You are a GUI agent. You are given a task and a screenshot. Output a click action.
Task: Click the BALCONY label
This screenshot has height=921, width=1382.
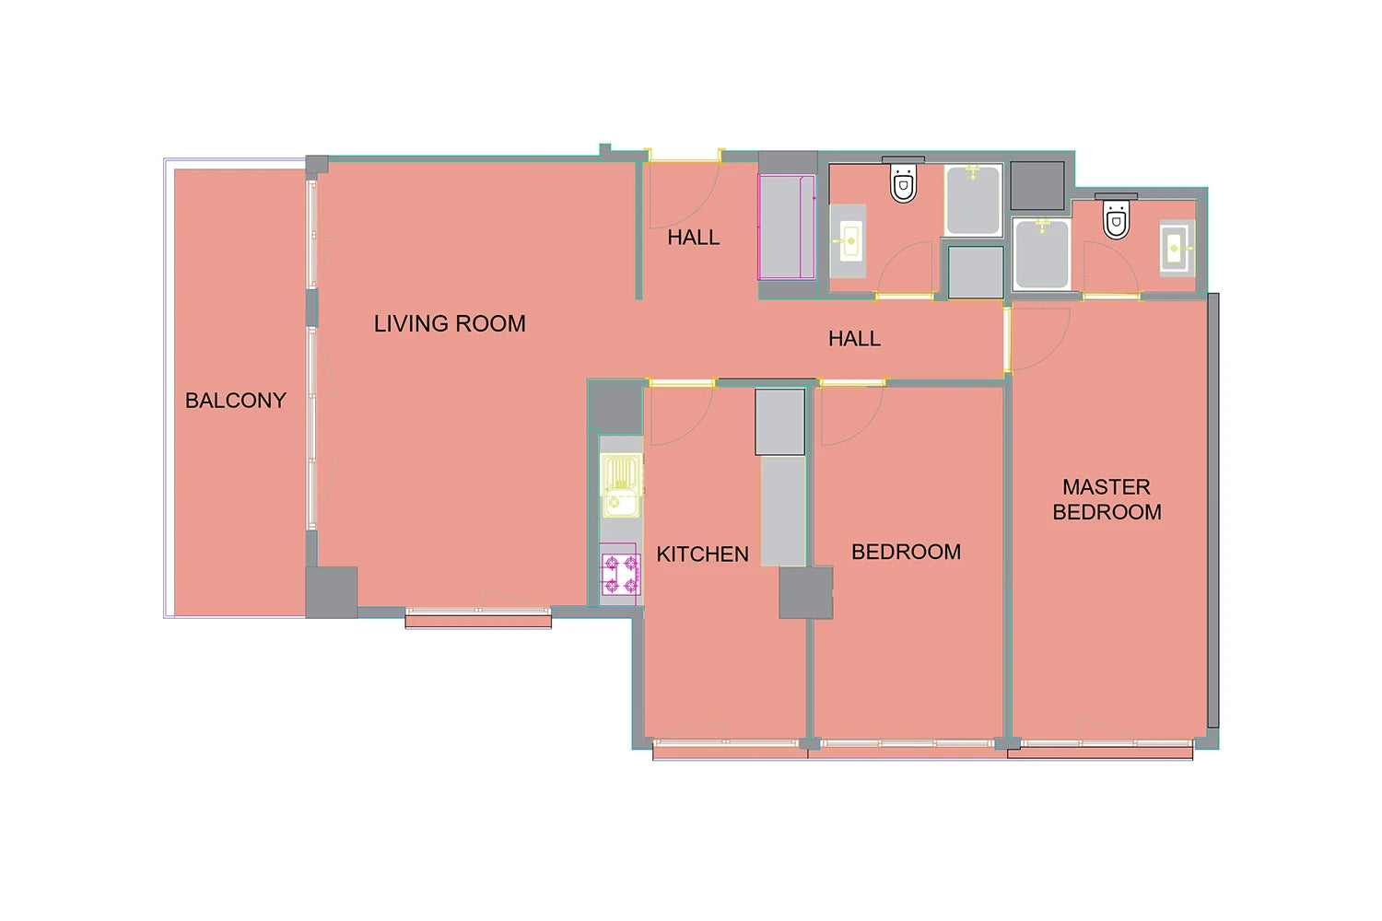(236, 401)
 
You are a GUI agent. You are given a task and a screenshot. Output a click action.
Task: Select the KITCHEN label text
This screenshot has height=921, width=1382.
(702, 554)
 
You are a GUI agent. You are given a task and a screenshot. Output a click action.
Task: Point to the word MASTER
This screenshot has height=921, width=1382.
(1107, 487)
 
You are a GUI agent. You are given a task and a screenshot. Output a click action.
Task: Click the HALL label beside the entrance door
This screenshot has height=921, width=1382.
(694, 238)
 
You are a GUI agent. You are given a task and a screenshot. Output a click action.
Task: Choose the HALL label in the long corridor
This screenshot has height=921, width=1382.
(854, 339)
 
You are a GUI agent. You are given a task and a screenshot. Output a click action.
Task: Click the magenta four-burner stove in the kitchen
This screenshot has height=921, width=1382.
(621, 574)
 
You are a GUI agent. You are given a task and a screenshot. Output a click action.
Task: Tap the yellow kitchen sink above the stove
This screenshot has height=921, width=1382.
(622, 485)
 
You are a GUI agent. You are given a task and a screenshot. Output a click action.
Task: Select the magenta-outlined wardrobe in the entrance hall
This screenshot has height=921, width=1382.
(787, 227)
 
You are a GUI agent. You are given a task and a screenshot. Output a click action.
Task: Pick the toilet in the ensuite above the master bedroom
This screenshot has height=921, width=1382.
(1116, 216)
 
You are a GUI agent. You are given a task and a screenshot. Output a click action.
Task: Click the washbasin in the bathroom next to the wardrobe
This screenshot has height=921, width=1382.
(849, 240)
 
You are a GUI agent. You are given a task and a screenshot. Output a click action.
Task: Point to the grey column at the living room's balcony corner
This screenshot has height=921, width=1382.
(332, 592)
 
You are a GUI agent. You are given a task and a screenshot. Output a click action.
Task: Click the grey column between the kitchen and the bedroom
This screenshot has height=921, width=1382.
(806, 593)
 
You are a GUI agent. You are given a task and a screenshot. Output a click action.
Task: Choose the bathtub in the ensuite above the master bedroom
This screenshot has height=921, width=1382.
(1042, 254)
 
